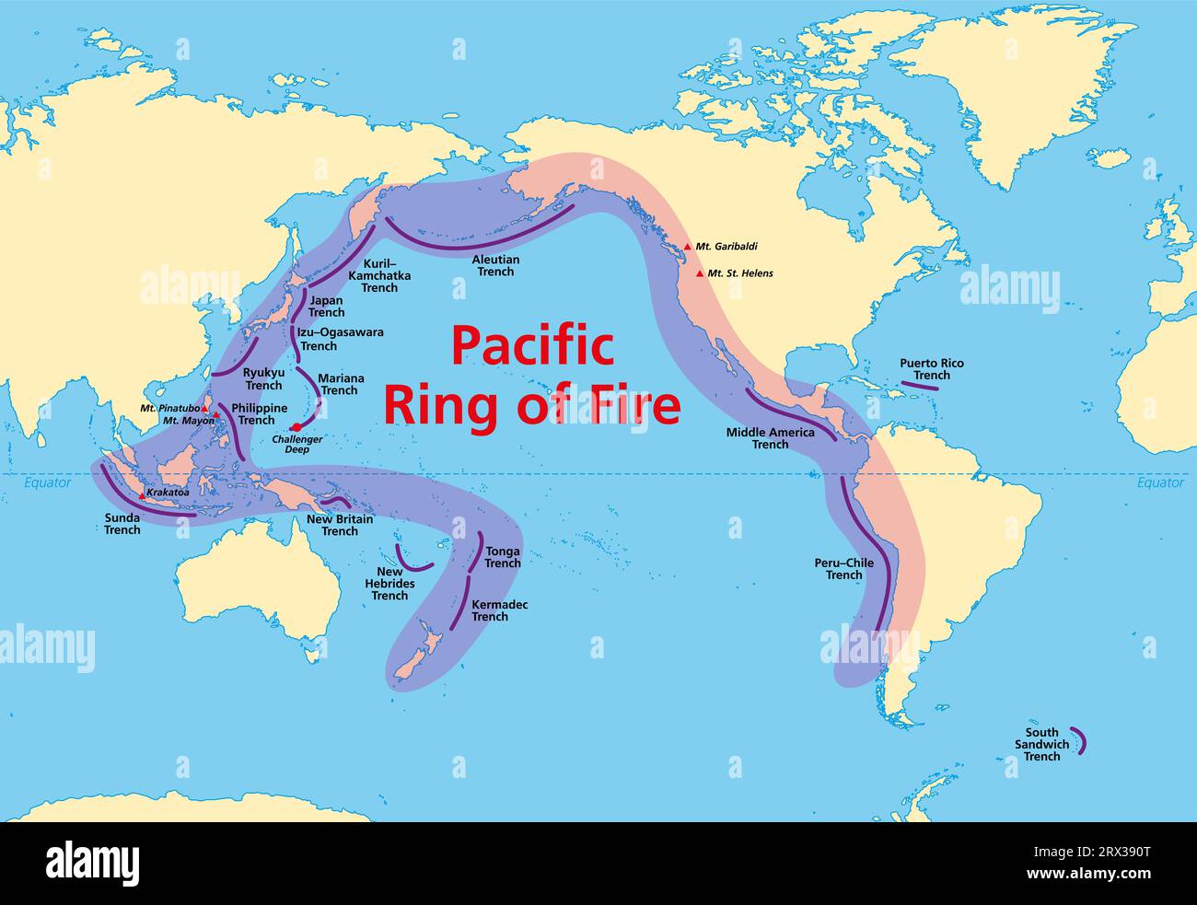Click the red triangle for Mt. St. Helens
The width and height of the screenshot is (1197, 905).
pos(700,273)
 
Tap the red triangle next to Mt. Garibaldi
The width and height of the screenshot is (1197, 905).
pos(687,247)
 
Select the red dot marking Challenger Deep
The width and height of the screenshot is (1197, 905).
pos(296,427)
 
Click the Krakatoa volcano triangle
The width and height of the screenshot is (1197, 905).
pos(142,495)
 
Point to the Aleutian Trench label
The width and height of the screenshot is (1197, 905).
pos(495,265)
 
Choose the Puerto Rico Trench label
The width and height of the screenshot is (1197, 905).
pos(932,369)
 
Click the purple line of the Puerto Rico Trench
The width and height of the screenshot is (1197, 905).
pos(919,386)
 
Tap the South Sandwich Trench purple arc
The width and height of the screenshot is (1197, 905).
pos(1080,742)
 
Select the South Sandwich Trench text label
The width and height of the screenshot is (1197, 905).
pos(1041,744)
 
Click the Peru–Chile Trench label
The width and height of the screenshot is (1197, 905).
pos(843,569)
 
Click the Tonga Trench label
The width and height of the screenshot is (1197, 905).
pos(503,557)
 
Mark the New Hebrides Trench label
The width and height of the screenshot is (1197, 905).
pos(389,584)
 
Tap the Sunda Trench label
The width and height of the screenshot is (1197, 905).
pos(122,524)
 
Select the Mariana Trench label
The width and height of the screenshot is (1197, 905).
pos(340,384)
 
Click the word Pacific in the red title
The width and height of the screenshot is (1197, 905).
pos(532,347)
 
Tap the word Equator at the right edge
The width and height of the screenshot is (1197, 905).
pos(1160,482)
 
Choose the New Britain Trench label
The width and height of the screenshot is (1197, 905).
pos(340,525)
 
